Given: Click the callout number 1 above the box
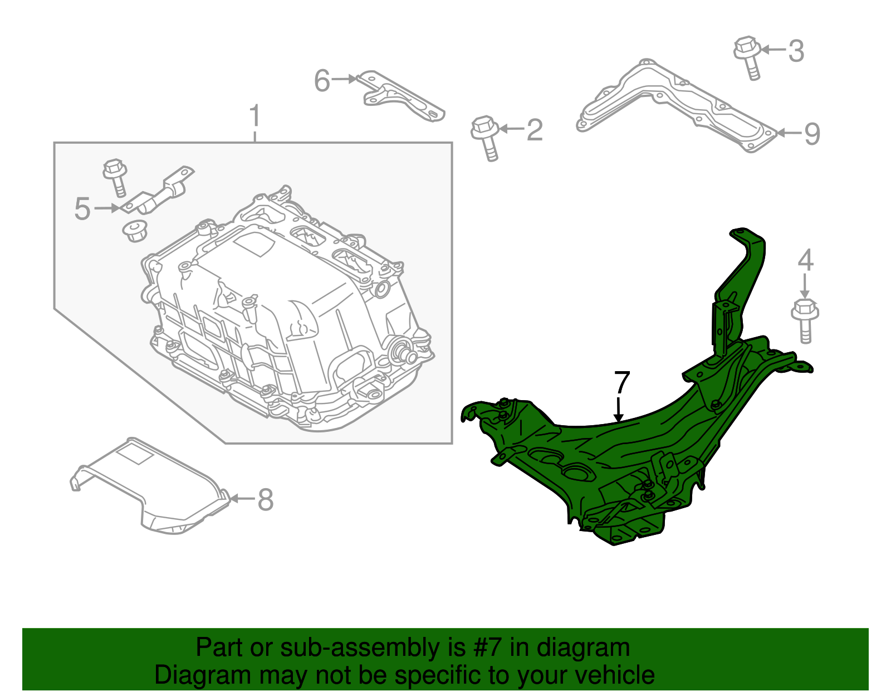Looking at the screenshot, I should (x=254, y=116).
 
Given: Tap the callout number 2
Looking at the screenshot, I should (x=534, y=130).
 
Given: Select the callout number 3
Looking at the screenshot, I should (x=796, y=51).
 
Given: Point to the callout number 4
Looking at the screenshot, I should (x=805, y=260).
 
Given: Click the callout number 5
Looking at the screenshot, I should (x=82, y=209).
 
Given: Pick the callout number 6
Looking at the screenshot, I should (x=322, y=81).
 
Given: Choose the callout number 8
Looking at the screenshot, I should (x=266, y=499).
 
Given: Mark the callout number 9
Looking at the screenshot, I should (x=812, y=134).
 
